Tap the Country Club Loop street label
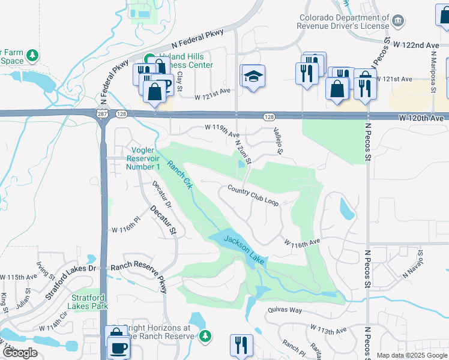(x=253, y=195)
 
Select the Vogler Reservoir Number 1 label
(x=143, y=158)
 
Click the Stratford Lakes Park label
(x=89, y=301)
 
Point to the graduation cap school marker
(x=253, y=76)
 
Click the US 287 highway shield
(x=98, y=113)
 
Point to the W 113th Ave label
(x=328, y=331)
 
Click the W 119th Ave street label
(x=222, y=127)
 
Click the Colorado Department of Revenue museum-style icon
(x=397, y=22)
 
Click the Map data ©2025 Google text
(x=412, y=355)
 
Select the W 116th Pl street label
(x=125, y=230)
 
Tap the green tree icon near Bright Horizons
(x=205, y=335)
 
